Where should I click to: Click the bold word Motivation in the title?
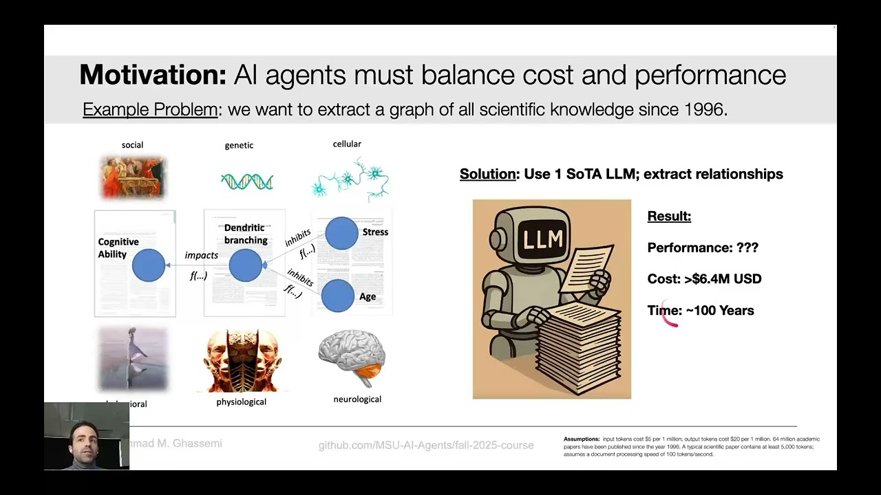tap(152, 75)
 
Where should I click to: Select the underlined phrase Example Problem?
tap(150, 109)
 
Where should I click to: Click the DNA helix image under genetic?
tap(246, 181)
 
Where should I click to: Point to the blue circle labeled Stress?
tap(341, 233)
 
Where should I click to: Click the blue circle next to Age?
tap(338, 296)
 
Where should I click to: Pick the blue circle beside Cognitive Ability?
tap(149, 265)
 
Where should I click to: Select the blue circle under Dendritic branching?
tap(245, 265)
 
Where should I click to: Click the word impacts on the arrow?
tap(201, 255)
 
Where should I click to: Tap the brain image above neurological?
tap(352, 357)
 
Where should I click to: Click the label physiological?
tap(241, 401)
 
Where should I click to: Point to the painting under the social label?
tap(133, 177)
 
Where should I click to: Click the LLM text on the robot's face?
tap(543, 239)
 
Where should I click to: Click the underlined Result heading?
tap(669, 217)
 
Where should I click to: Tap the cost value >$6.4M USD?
tap(722, 279)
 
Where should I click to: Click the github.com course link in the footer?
tap(425, 445)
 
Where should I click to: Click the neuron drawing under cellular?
tap(350, 179)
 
